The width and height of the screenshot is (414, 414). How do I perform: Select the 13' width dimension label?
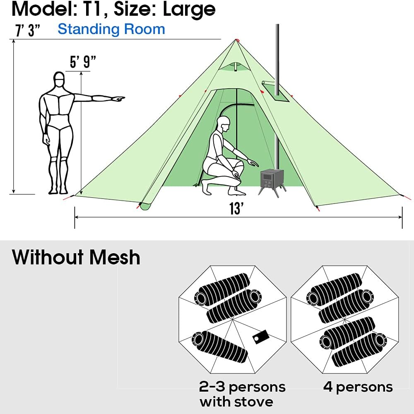pos(236,208)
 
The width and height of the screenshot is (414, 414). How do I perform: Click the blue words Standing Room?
pos(111,29)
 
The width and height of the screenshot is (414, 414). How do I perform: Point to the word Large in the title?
pos(189,9)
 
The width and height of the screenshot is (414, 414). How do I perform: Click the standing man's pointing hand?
pos(118,99)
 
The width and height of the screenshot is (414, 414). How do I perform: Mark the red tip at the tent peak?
pos(237,40)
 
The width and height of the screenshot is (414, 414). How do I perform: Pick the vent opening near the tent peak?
pos(235,66)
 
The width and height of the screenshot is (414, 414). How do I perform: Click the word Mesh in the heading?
pos(115,257)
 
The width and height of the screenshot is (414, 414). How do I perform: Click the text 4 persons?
pos(358,387)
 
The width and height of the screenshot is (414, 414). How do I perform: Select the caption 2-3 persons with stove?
pos(242,394)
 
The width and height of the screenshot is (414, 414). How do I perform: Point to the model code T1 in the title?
pos(94,9)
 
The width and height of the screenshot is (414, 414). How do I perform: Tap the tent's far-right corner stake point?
pos(401,195)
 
